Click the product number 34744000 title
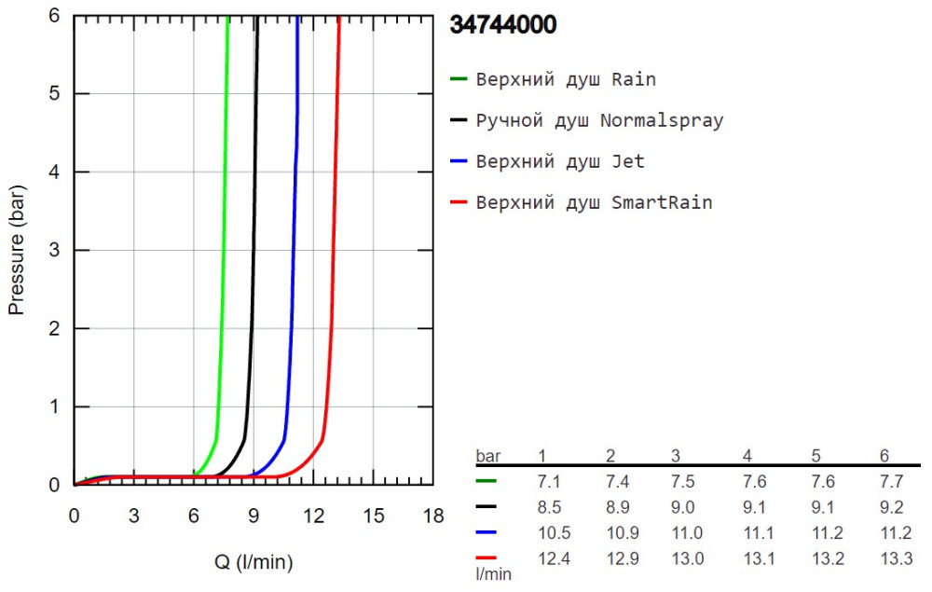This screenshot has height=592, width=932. (x=503, y=25)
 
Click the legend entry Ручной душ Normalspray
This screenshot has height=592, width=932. (x=599, y=120)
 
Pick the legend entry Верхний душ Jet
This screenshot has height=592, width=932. (x=560, y=161)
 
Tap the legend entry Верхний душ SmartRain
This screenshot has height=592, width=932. (x=594, y=202)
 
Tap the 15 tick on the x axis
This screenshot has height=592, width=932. (x=373, y=516)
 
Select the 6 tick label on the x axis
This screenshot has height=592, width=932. (x=193, y=516)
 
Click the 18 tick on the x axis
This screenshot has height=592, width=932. (x=432, y=516)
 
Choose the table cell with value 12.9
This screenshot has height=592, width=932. (x=615, y=558)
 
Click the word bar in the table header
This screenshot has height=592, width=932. (x=487, y=456)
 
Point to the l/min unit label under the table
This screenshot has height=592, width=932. (x=494, y=574)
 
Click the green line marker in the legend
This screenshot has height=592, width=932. (x=458, y=79)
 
